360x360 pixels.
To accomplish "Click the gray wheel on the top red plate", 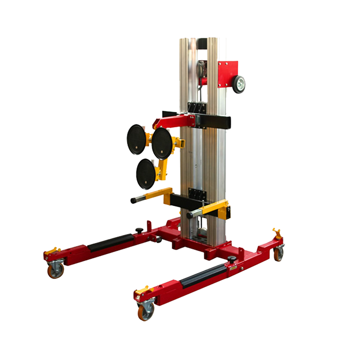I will tap(238, 83).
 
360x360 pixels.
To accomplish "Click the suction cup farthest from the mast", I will tap(136, 139).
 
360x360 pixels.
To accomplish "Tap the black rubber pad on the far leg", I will tap(110, 243).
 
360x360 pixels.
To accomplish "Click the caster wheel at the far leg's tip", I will tap(55, 270).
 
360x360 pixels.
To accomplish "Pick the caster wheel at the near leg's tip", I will tap(146, 311).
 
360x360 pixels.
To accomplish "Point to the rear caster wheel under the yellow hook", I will tap(278, 254).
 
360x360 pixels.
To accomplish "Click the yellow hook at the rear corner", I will tap(277, 234).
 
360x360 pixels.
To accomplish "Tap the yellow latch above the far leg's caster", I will tap(51, 251).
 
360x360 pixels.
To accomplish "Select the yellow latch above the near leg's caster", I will tap(142, 291).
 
